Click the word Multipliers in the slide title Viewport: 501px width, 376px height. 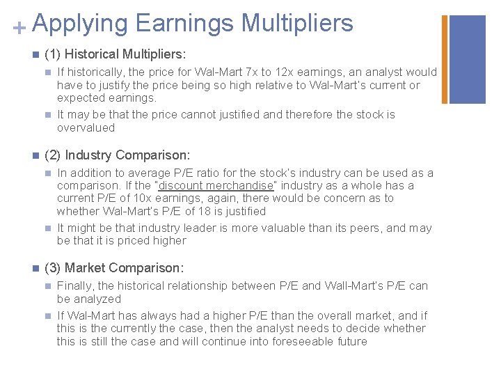pos(297,23)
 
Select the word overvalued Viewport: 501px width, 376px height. pos(86,128)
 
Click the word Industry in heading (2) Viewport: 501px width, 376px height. pos(88,155)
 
